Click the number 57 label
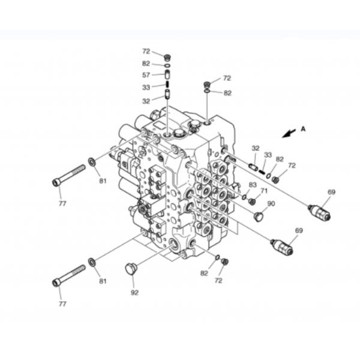(146, 75)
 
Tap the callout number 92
(134, 292)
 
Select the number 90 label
(271, 203)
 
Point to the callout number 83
(253, 185)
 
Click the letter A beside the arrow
(303, 128)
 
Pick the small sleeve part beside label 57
(168, 75)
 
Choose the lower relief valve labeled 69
(282, 246)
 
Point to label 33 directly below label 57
(146, 87)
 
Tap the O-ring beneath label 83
(244, 196)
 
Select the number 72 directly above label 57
(146, 51)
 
